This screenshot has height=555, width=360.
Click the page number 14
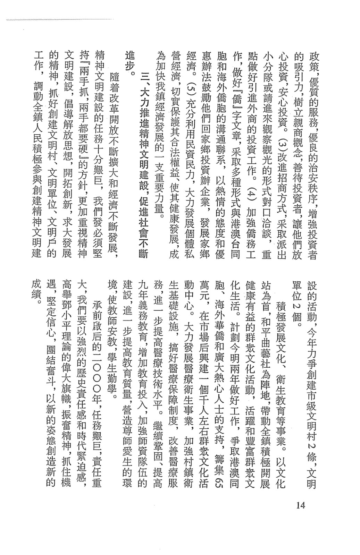(301, 505)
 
